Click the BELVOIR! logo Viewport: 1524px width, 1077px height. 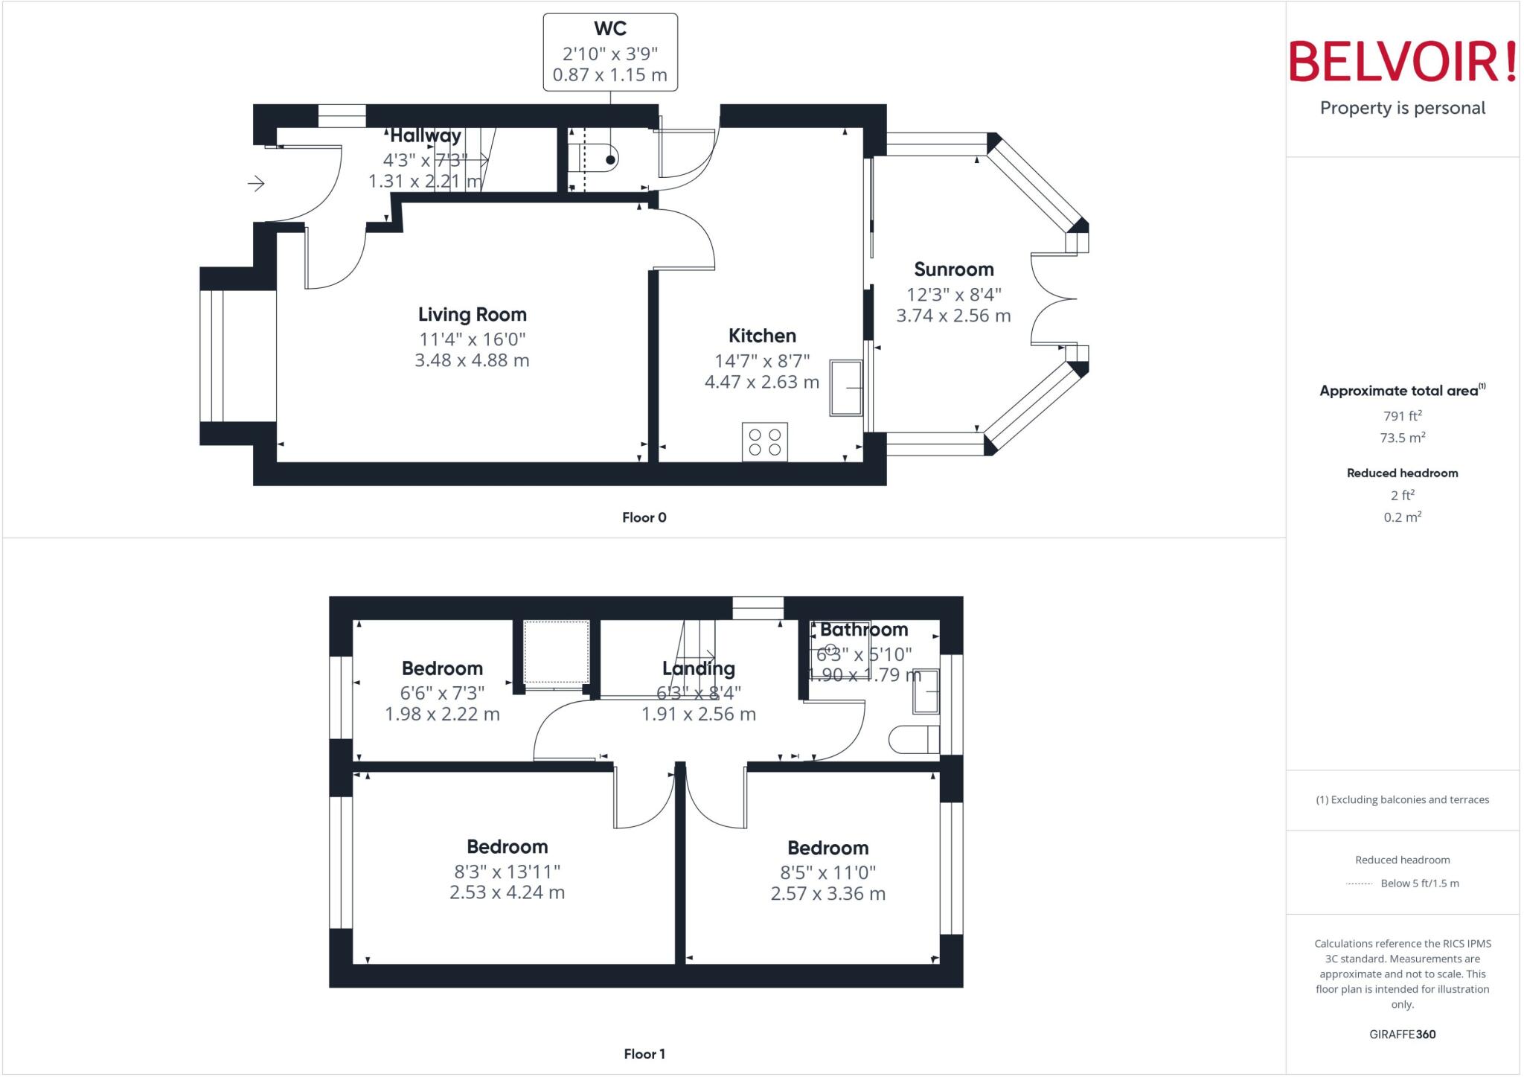(x=1402, y=62)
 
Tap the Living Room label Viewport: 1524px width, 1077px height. (x=472, y=315)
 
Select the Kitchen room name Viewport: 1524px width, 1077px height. (x=762, y=336)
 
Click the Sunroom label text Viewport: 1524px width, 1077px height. (x=953, y=269)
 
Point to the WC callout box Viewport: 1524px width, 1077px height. (x=610, y=52)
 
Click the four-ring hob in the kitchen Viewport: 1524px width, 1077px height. (x=764, y=442)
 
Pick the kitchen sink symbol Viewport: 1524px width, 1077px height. (x=846, y=388)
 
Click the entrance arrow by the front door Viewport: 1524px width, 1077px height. (x=256, y=183)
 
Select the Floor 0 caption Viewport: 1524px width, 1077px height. (x=644, y=517)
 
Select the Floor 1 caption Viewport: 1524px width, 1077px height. (x=644, y=1054)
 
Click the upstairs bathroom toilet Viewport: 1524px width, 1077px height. (x=914, y=740)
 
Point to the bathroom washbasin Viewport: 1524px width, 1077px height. (x=926, y=691)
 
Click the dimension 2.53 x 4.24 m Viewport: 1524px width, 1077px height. (x=507, y=892)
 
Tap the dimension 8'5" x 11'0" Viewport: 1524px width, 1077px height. (x=827, y=872)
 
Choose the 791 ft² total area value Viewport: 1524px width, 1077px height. (x=1402, y=417)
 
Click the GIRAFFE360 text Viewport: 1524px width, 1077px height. (x=1402, y=1034)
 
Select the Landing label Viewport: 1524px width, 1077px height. (x=698, y=668)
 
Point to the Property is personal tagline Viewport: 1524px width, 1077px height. (x=1402, y=109)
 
